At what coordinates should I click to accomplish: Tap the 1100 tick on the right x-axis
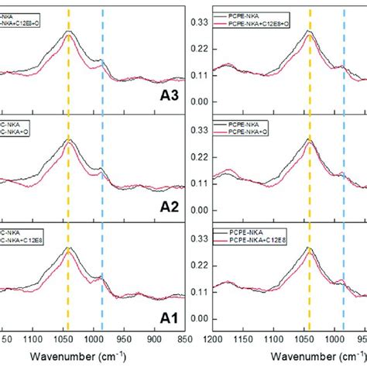(272, 339)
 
